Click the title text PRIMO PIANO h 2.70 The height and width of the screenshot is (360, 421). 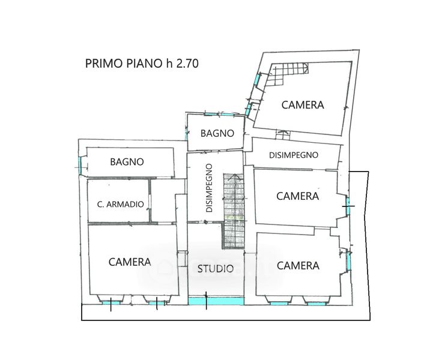[142, 64]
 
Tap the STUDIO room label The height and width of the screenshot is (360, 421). [216, 269]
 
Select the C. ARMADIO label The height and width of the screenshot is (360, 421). [121, 205]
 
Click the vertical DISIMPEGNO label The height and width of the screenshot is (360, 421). [209, 188]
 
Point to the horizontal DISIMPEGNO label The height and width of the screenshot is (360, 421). [294, 155]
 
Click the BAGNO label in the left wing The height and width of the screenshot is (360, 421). [127, 162]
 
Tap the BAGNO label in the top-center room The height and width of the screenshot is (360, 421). [217, 133]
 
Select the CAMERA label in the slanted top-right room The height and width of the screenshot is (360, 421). [303, 105]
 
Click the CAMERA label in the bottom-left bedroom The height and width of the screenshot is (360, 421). [130, 262]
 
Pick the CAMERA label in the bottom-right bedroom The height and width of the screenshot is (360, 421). [298, 266]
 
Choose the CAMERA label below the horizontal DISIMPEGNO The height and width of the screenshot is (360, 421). [298, 196]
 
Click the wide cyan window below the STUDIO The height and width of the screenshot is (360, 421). [216, 301]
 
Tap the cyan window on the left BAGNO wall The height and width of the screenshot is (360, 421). [79, 166]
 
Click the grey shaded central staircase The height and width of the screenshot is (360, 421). [234, 211]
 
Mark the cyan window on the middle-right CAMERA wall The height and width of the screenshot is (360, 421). [348, 206]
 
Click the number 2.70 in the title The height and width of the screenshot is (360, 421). [187, 64]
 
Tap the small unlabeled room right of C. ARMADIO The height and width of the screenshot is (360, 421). [163, 200]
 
